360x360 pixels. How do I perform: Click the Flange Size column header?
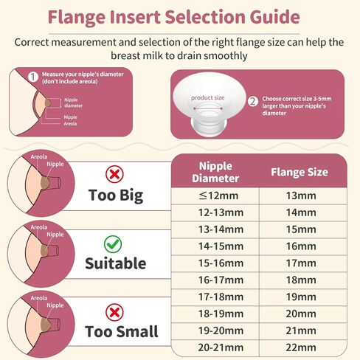coord(300,173)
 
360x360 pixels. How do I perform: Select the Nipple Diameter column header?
coord(215,172)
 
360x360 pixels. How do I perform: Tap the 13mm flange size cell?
coord(300,196)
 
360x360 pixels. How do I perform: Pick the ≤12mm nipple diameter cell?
coord(215,196)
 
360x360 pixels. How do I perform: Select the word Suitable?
coord(116,263)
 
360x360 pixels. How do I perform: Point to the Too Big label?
coord(116,195)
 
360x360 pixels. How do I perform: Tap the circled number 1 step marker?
coord(32,76)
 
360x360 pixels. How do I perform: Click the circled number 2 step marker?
coord(253,100)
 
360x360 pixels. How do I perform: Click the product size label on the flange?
coord(207,97)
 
